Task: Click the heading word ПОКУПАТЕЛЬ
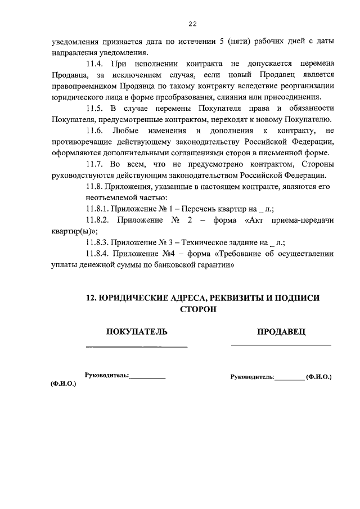137,332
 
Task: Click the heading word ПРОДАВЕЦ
281,332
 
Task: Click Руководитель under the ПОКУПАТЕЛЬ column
106,375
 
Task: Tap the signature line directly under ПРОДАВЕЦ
281,344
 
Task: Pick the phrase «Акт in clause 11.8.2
256,219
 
